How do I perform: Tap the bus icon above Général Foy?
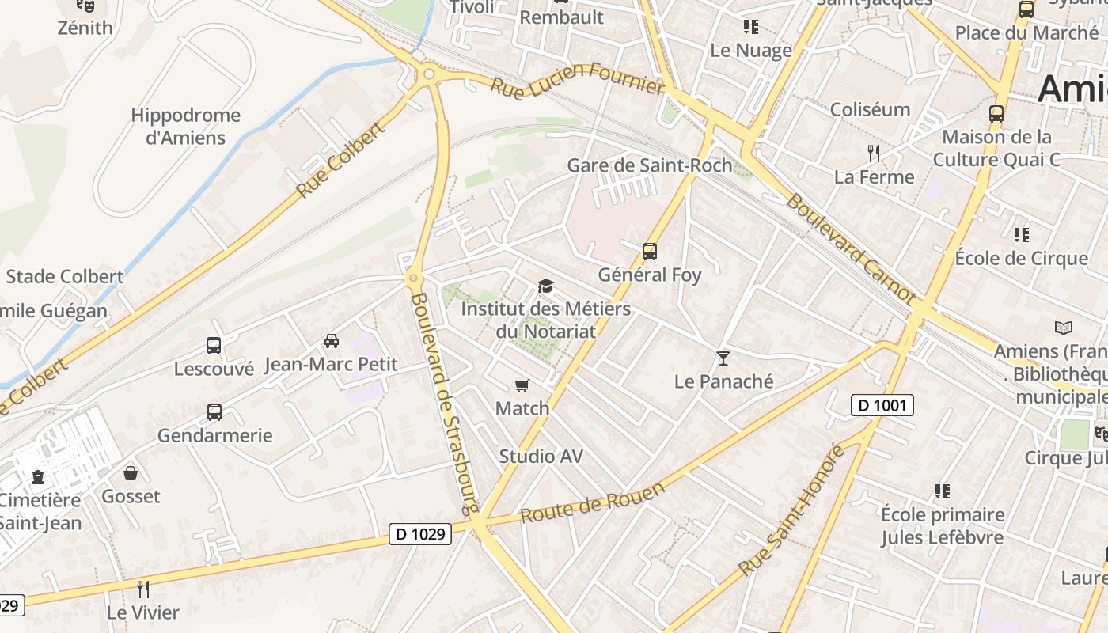point(650,252)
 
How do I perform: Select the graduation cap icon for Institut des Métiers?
point(545,286)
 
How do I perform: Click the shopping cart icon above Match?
point(522,385)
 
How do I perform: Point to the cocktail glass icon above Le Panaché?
point(723,358)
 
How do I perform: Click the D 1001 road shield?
point(882,406)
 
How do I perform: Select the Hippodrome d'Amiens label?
point(185,127)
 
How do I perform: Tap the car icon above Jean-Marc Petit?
point(331,341)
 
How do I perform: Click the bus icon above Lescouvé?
point(214,346)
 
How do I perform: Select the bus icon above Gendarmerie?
point(214,412)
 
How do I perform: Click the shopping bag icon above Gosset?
point(131,473)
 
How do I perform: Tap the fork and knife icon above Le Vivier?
point(143,589)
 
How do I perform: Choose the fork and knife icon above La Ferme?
point(874,153)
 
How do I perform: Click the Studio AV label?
point(541,457)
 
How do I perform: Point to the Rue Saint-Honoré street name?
point(791,511)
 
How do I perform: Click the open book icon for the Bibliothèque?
point(1064,327)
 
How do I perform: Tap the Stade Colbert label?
point(65,277)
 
